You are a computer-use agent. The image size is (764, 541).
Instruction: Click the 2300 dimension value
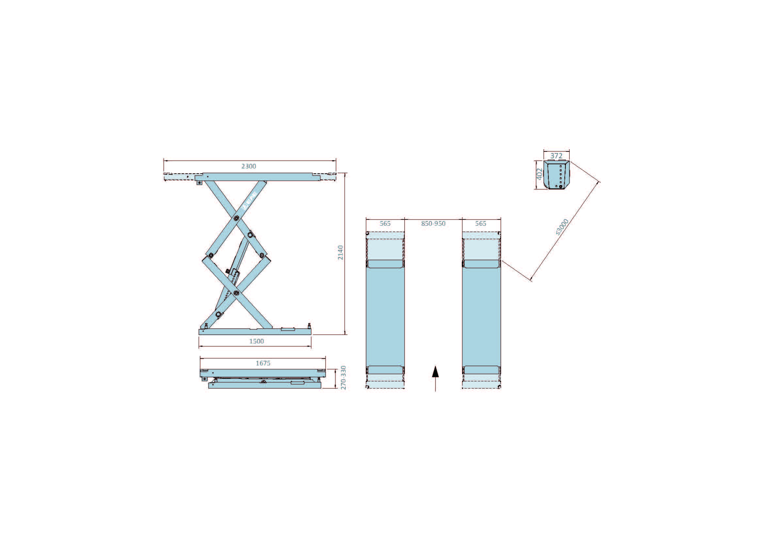click(x=249, y=166)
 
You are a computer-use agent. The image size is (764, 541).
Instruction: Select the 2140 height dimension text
click(x=340, y=253)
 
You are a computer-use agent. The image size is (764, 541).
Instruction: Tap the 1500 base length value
click(x=256, y=341)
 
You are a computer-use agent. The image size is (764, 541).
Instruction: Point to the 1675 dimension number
click(x=263, y=363)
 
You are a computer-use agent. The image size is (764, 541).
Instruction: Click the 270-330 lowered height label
click(x=343, y=377)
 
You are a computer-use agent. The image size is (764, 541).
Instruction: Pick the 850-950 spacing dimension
click(x=433, y=223)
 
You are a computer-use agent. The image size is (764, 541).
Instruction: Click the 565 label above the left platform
click(x=385, y=223)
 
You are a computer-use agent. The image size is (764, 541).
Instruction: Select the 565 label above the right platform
click(x=480, y=223)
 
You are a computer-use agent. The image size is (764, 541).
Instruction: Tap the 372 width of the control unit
click(x=556, y=156)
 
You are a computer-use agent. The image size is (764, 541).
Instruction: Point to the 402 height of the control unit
click(x=540, y=174)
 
